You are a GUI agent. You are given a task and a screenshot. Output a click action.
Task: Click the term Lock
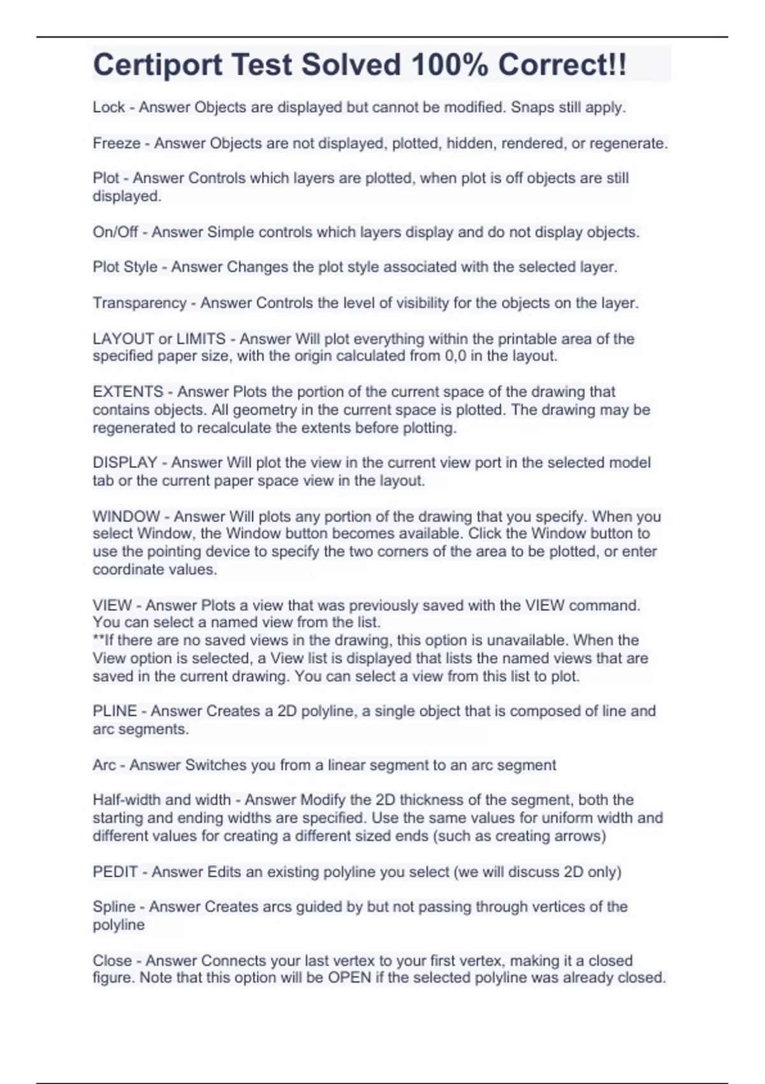pos(108,107)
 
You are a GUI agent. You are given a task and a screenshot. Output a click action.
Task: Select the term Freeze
pos(116,143)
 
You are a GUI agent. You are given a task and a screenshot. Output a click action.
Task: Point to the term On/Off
pos(115,232)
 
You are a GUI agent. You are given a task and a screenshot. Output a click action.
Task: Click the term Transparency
pos(139,303)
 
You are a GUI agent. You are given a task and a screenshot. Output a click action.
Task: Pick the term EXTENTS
pos(127,392)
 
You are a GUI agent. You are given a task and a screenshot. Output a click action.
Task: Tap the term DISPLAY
pos(125,462)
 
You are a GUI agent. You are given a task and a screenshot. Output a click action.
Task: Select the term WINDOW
pos(126,516)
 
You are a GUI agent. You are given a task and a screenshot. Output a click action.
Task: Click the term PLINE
pos(115,711)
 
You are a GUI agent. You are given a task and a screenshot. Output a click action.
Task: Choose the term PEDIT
pos(115,872)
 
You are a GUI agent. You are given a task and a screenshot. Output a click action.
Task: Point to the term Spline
pos(114,907)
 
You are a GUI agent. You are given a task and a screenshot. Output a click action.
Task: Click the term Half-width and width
pos(161,800)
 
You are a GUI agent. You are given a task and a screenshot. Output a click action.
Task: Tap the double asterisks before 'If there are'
pos(98,640)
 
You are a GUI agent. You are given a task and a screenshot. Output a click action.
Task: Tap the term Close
pos(112,960)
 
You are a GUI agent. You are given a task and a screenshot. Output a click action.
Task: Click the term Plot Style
pos(125,267)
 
